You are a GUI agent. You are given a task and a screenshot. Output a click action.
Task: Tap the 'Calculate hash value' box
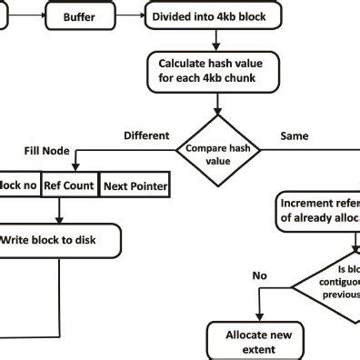click(x=215, y=70)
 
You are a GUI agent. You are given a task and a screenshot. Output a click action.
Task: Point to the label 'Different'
click(x=146, y=135)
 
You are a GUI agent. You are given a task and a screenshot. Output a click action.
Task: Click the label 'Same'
click(x=295, y=135)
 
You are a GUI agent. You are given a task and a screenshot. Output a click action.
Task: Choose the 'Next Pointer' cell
click(x=135, y=185)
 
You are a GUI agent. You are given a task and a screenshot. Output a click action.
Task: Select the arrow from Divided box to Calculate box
click(x=215, y=41)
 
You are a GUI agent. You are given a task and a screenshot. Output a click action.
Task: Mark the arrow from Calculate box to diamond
click(x=216, y=104)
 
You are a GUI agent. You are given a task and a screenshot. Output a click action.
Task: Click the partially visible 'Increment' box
click(x=318, y=211)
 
